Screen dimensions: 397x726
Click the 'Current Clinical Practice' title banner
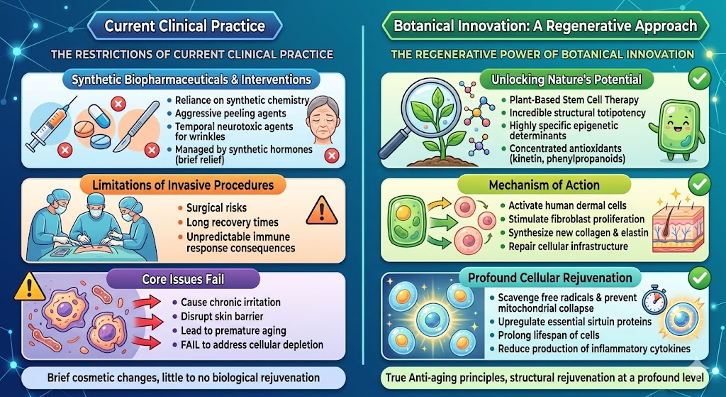point(185,27)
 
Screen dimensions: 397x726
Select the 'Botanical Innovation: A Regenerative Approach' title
point(544,27)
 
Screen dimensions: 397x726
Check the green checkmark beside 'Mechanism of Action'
point(699,184)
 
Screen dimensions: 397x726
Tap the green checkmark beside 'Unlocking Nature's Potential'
point(699,78)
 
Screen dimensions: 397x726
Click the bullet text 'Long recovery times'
point(232,223)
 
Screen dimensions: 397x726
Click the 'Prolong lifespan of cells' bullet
point(548,335)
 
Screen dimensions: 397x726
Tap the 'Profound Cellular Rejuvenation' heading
point(540,278)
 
